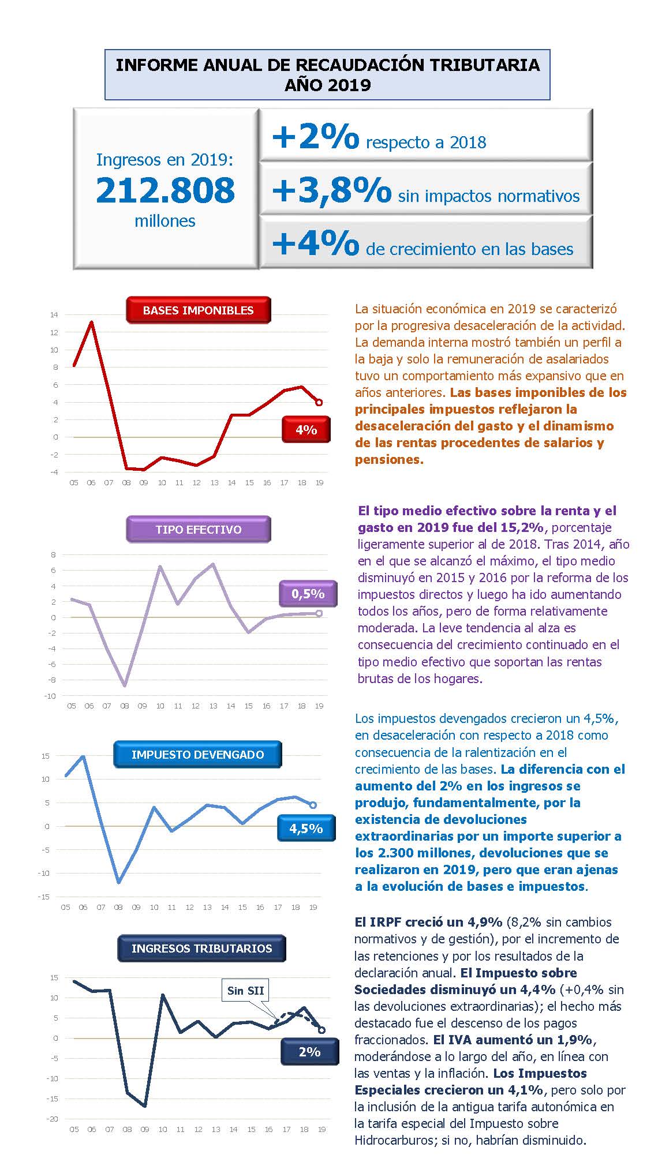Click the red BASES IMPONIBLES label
(x=198, y=310)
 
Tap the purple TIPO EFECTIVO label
(x=198, y=529)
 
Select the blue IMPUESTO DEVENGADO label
(x=197, y=754)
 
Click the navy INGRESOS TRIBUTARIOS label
(x=201, y=948)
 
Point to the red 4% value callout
(x=306, y=429)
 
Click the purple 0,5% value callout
(x=308, y=594)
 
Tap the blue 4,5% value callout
(x=306, y=829)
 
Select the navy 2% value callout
(x=309, y=1051)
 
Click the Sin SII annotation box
(x=245, y=990)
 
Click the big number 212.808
(x=166, y=190)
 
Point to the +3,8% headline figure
(x=331, y=190)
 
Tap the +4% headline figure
(x=315, y=243)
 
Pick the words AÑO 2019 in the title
(x=327, y=85)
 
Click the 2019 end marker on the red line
(x=319, y=402)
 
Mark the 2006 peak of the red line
(x=91, y=322)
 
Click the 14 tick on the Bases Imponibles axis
(x=54, y=315)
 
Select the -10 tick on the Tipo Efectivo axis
(x=50, y=696)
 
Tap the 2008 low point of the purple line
(x=125, y=686)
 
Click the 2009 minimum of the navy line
(x=144, y=1106)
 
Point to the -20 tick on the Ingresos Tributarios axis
(x=52, y=1119)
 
